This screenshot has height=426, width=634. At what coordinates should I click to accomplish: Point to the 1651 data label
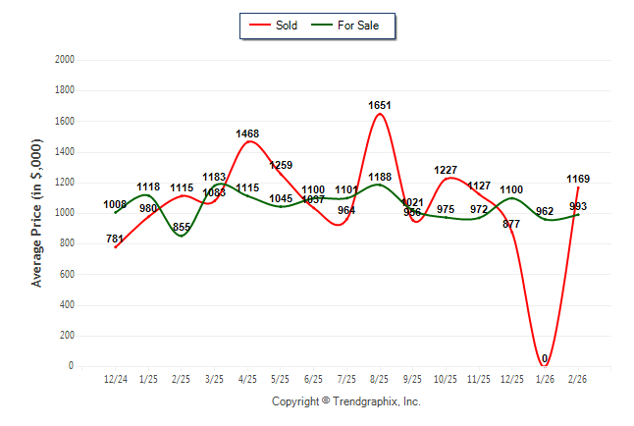[x=380, y=105]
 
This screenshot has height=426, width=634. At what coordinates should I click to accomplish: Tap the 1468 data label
[x=248, y=133]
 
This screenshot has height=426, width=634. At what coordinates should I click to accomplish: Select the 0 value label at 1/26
[x=544, y=358]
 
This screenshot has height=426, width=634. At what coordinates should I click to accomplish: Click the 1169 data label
[x=578, y=179]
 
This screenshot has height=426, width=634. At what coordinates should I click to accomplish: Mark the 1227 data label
[x=446, y=170]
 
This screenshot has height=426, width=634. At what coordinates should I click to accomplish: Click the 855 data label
[x=182, y=227]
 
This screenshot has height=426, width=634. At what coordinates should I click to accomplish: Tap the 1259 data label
[x=281, y=165]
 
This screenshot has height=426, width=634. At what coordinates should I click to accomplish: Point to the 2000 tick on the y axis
[x=66, y=60]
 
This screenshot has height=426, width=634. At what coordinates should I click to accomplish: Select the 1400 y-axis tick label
[x=66, y=152]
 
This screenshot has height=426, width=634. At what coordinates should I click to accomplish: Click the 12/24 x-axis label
[x=116, y=379]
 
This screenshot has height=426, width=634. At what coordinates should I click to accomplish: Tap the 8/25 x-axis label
[x=380, y=379]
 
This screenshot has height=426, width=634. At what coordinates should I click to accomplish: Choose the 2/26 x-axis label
[x=578, y=379]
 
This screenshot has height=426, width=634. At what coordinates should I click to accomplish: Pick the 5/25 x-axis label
[x=281, y=379]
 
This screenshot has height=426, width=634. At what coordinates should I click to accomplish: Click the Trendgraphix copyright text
[x=345, y=401]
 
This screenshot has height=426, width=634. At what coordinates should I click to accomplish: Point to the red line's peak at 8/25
[x=380, y=114]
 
